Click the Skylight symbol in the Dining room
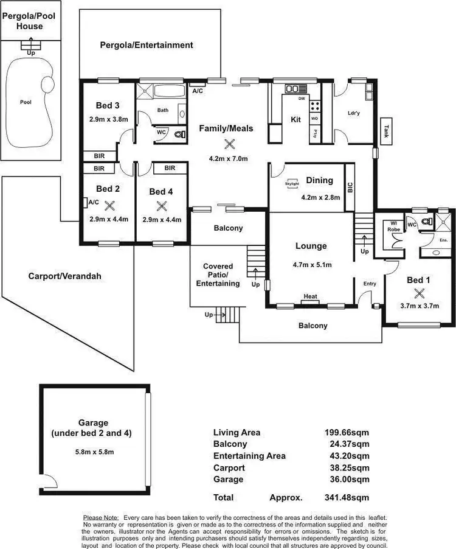click(291, 181)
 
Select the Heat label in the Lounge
click(310, 296)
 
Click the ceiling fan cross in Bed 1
click(418, 293)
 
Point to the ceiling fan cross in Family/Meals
click(229, 144)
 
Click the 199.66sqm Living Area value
click(346, 433)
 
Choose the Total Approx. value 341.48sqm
click(346, 497)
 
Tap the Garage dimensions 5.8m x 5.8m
click(93, 451)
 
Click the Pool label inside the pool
click(26, 102)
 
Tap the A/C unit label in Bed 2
click(93, 202)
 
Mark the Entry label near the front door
click(370, 284)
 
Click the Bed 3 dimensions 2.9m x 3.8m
click(108, 119)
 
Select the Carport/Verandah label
click(64, 276)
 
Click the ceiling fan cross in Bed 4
click(161, 205)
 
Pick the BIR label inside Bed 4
click(170, 168)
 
